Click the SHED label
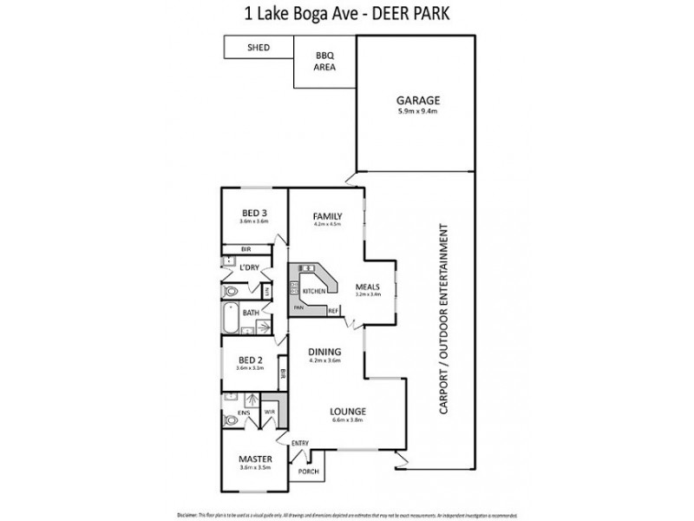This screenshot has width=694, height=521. [x=257, y=47]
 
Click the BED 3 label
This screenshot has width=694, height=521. [x=253, y=214]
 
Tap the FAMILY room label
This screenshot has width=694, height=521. [x=327, y=216]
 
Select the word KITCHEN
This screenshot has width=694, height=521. [x=314, y=291]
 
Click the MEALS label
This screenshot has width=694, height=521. [x=370, y=284]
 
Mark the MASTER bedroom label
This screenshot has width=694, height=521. [x=256, y=458]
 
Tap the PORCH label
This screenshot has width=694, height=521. [x=308, y=472]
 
